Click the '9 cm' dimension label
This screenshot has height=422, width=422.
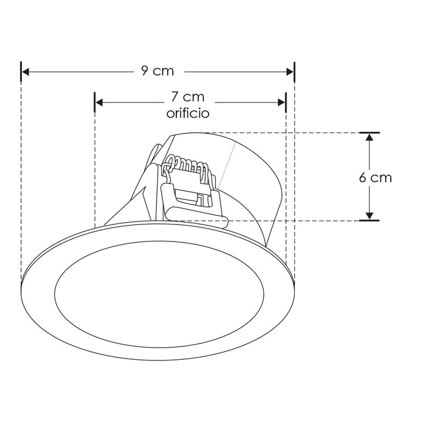[157, 72]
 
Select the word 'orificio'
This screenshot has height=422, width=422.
[188, 113]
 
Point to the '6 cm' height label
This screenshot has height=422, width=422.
[376, 177]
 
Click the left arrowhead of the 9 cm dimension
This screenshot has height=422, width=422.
[26, 72]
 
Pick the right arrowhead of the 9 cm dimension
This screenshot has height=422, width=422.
[290, 72]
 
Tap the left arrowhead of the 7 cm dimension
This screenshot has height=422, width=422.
[100, 103]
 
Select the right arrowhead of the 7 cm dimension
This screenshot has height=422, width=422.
[281, 103]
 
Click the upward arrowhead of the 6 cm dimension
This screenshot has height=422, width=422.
[369, 138]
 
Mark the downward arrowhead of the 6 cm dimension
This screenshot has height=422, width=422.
[369, 216]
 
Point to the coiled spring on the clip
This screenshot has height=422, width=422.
[185, 164]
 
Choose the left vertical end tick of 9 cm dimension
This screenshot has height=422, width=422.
[21, 72]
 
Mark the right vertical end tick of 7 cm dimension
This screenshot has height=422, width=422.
[286, 103]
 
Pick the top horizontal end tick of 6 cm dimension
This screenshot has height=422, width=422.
[369, 132]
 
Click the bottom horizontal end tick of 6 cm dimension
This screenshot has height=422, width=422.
[369, 221]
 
